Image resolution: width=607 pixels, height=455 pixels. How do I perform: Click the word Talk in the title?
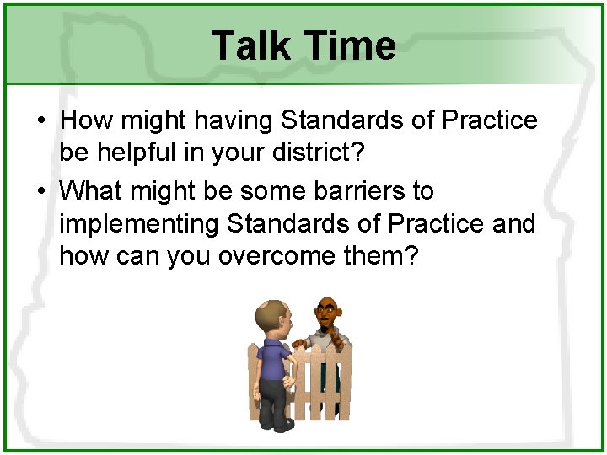pyautogui.click(x=250, y=45)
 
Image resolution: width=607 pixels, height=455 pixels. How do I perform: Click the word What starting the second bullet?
pyautogui.click(x=93, y=191)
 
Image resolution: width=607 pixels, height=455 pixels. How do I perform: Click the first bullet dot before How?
pyautogui.click(x=41, y=121)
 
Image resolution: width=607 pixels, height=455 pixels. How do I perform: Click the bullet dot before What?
pyautogui.click(x=41, y=192)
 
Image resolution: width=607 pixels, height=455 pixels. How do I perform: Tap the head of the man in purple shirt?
pyautogui.click(x=271, y=318)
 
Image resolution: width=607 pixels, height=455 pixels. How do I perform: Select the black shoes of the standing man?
pyautogui.click(x=279, y=424)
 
